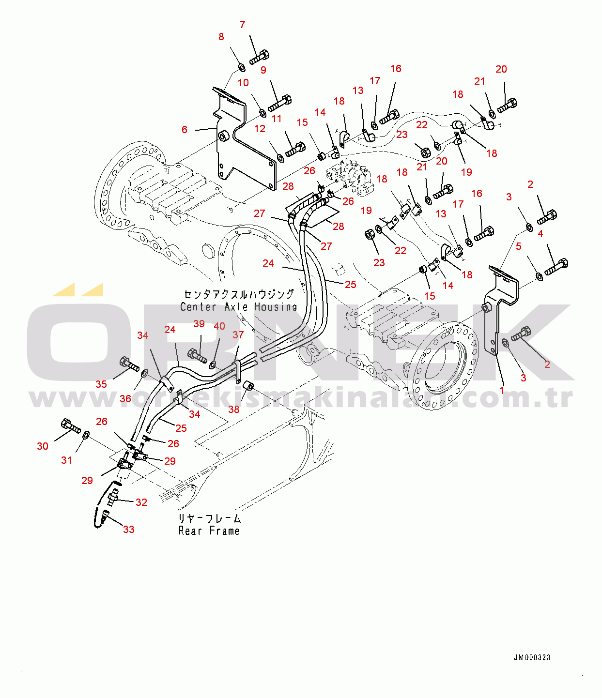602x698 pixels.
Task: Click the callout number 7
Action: tap(243, 25)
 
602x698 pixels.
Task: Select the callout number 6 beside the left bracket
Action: tap(185, 129)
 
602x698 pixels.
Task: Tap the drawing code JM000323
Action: tap(532, 657)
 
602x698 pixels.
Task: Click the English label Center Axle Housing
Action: tap(238, 307)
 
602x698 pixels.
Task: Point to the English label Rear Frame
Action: tap(209, 531)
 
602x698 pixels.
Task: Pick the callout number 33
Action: tap(129, 529)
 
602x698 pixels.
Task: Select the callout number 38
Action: tap(234, 410)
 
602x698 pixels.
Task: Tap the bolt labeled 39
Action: tap(197, 356)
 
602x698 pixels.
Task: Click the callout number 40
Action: tap(219, 326)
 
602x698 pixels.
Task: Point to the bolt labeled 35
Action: tap(128, 364)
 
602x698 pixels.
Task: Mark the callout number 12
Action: tap(260, 129)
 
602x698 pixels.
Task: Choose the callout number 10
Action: tap(243, 83)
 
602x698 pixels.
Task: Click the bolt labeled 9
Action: tap(280, 103)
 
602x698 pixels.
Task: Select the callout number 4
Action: tap(540, 234)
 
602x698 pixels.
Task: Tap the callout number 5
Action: tap(519, 246)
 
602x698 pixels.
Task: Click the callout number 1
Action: tap(502, 390)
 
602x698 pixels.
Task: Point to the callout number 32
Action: tap(141, 502)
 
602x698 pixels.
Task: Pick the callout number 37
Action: tap(238, 335)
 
